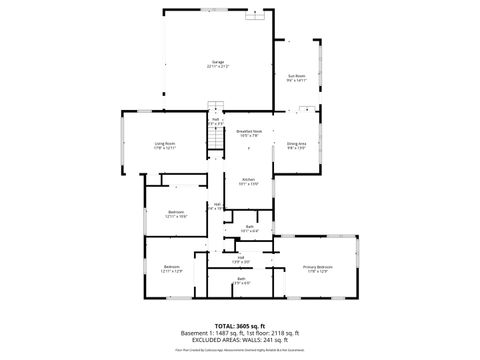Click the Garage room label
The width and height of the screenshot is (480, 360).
tap(216, 62)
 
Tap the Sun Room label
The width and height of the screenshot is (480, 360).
tap(297, 76)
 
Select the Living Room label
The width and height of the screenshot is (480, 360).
tap(165, 143)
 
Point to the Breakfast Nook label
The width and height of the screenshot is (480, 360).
tap(249, 131)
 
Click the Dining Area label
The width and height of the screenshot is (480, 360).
tap(297, 143)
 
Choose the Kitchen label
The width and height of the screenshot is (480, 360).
tap(249, 180)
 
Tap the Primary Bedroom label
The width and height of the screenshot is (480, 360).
tap(317, 267)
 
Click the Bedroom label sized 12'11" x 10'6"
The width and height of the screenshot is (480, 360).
tap(176, 211)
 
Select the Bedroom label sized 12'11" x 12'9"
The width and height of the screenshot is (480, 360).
tap(171, 266)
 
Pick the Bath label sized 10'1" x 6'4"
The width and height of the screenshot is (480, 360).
tap(249, 226)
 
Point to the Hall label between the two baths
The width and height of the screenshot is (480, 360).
tap(241, 257)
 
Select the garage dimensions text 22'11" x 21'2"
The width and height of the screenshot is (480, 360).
tap(217, 67)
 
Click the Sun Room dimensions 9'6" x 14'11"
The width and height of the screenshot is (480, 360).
tap(297, 81)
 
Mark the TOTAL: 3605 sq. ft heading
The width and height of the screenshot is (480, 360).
tap(240, 326)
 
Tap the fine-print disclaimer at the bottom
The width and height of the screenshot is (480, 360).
tap(240, 350)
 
